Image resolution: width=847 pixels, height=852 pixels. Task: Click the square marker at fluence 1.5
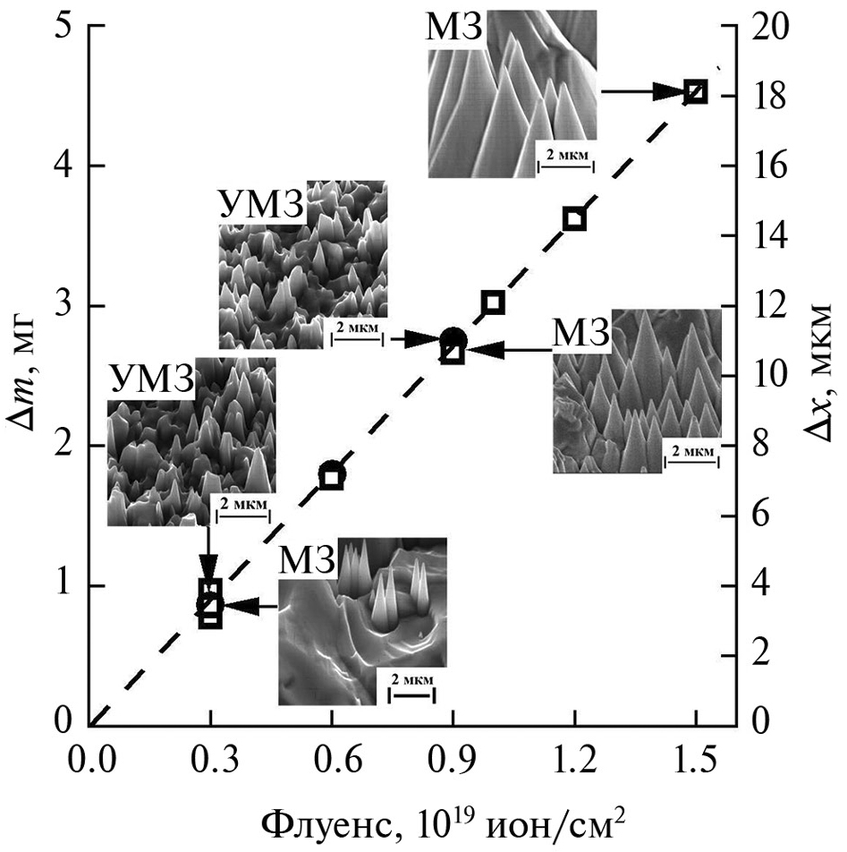pyautogui.click(x=695, y=91)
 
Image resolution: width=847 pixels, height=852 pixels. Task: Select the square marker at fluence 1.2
pyautogui.click(x=574, y=219)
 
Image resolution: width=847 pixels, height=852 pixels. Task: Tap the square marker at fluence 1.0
pyautogui.click(x=493, y=302)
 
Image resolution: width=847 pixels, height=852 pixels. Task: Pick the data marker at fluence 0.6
pyautogui.click(x=331, y=475)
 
